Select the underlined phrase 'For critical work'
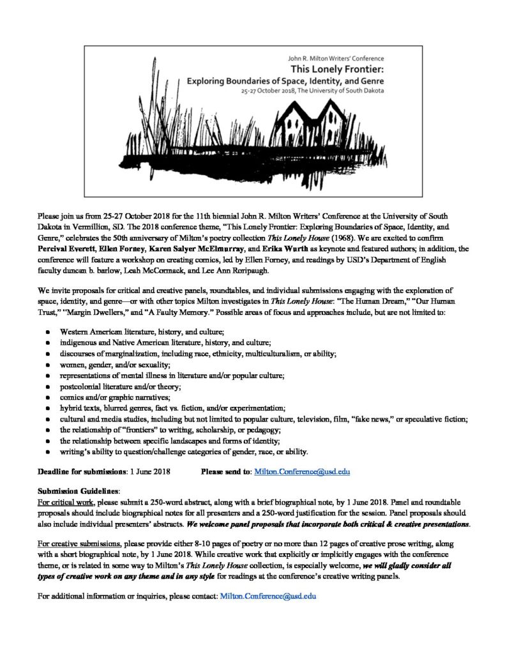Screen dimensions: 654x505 [65, 503]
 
